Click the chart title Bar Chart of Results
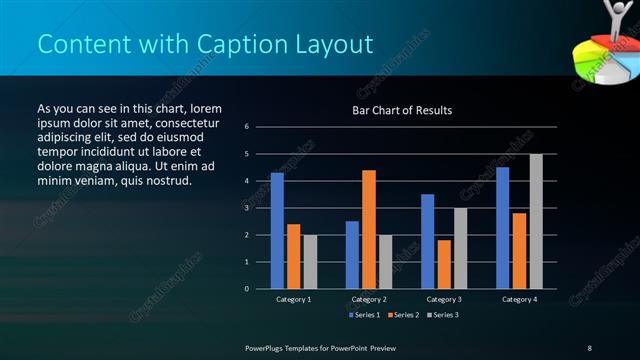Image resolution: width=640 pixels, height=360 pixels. (401, 110)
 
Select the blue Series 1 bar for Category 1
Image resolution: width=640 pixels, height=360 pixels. (277, 231)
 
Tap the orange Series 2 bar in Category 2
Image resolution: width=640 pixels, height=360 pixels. (369, 229)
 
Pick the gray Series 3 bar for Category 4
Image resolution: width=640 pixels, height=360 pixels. (536, 221)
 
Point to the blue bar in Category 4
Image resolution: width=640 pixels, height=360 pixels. (502, 228)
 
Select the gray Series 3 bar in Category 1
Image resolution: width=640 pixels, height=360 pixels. (310, 262)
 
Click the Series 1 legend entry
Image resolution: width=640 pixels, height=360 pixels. (364, 315)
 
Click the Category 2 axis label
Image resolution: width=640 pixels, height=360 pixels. (369, 299)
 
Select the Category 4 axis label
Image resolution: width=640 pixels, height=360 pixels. (519, 299)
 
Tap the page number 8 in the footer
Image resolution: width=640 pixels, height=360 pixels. (589, 347)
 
